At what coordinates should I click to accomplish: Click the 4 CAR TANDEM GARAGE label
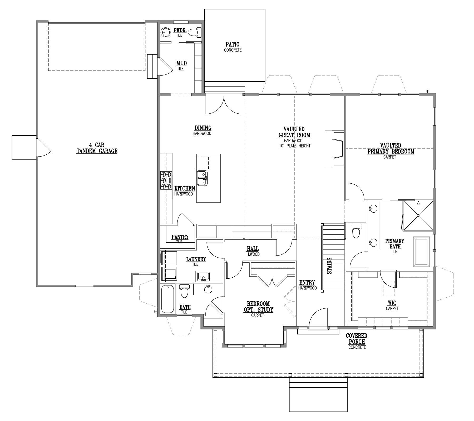coord(97,148)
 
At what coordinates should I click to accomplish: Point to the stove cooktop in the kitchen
coord(166,180)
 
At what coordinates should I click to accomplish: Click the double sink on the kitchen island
coord(202,178)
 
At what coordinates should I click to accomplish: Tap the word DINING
coord(203,128)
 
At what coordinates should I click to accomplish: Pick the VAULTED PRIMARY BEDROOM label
coord(391,149)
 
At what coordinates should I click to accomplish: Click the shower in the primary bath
coord(418,215)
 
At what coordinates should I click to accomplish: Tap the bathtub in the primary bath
coord(422,252)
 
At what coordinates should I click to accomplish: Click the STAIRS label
coord(329,266)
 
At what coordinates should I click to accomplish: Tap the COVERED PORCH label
coord(357,339)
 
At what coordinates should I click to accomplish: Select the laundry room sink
coord(203,277)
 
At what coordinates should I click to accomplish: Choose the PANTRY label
coord(180,237)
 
